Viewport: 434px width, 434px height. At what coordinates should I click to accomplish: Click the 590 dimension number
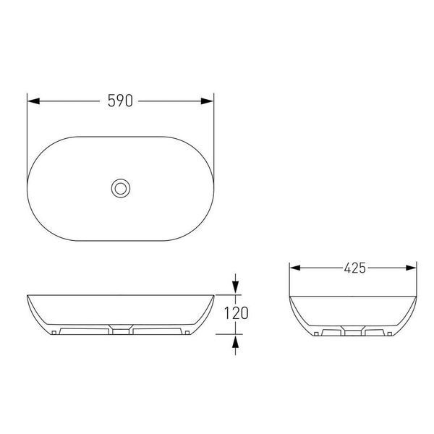(x=120, y=101)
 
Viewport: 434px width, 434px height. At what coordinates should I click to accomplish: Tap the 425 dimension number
(x=355, y=268)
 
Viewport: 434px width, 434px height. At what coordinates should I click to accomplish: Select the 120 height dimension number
(x=236, y=313)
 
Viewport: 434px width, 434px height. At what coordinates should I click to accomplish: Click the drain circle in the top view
(x=121, y=189)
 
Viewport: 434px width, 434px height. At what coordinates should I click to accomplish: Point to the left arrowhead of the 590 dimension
(x=33, y=101)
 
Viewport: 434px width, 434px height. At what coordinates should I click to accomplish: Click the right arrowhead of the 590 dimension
(x=207, y=101)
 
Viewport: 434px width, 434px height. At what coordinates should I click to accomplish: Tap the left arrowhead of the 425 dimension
(x=295, y=268)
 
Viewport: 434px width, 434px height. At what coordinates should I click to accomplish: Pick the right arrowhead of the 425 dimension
(x=411, y=268)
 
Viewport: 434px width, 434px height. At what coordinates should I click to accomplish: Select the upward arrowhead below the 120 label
(x=235, y=341)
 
